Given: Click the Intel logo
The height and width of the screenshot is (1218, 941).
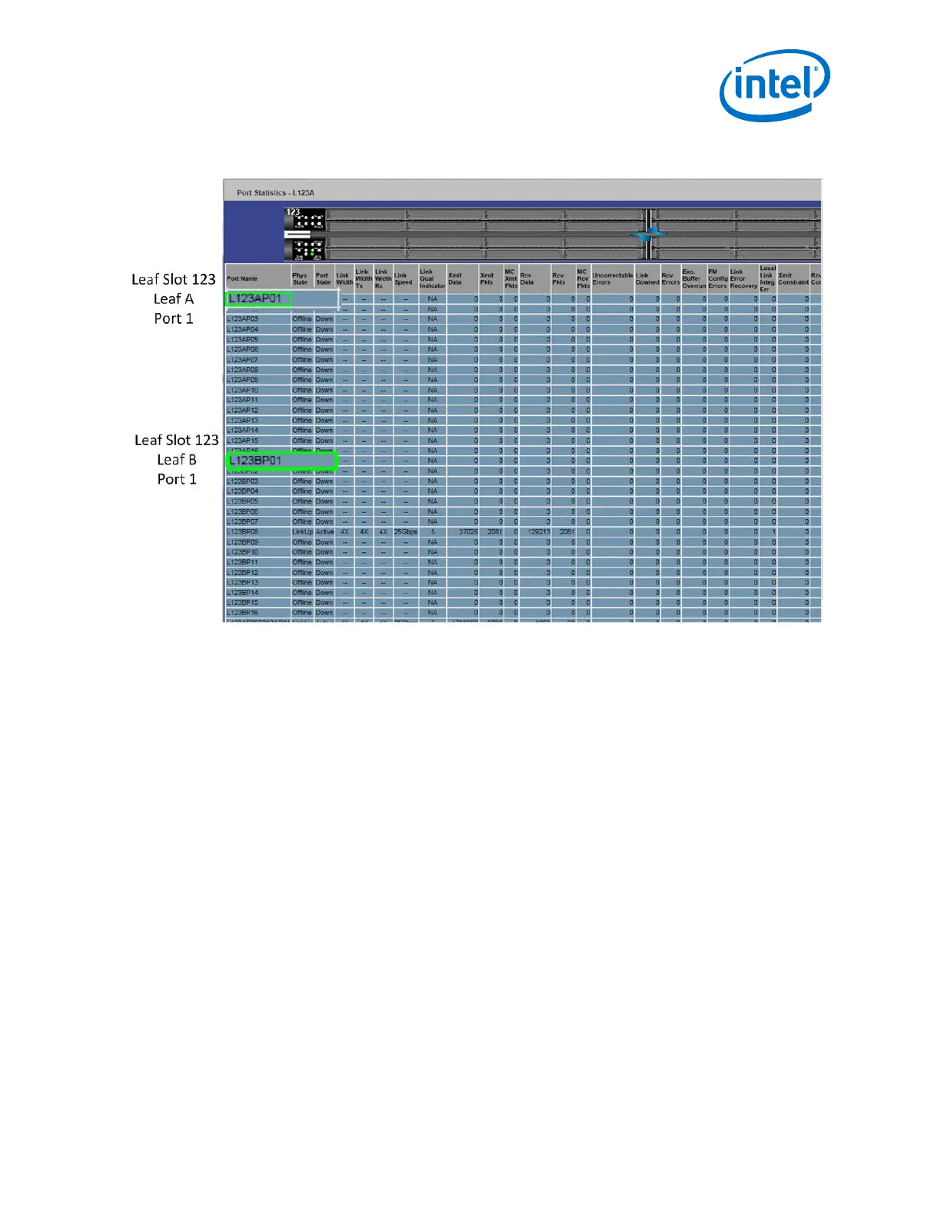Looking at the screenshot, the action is [x=774, y=85].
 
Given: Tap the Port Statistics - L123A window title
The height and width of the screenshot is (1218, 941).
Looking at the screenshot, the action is [x=275, y=193].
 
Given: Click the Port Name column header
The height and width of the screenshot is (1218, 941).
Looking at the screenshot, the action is [x=242, y=279].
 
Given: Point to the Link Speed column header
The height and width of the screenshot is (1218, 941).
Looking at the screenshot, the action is [x=404, y=279].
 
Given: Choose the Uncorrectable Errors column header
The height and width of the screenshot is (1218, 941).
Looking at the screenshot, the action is [x=612, y=279].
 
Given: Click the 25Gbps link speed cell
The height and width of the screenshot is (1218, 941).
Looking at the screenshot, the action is [x=405, y=532].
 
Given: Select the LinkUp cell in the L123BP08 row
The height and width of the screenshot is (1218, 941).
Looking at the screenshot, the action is [x=302, y=532].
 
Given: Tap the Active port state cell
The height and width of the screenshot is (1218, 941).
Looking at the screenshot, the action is [x=324, y=532].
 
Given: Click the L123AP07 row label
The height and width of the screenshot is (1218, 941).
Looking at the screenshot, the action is [x=243, y=360].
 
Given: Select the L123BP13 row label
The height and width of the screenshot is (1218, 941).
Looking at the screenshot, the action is [x=243, y=583].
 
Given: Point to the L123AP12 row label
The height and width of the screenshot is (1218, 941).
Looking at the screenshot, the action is [x=243, y=411].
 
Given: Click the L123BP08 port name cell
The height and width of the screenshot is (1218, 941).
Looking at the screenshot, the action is [x=243, y=532].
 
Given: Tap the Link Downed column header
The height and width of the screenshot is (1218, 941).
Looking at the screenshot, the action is [x=647, y=279].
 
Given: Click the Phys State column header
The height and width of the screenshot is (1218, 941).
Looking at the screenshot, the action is [x=300, y=279].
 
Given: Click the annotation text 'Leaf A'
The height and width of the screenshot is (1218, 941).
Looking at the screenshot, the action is [x=173, y=299].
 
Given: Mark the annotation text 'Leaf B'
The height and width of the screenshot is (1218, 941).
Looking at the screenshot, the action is [x=177, y=460].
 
